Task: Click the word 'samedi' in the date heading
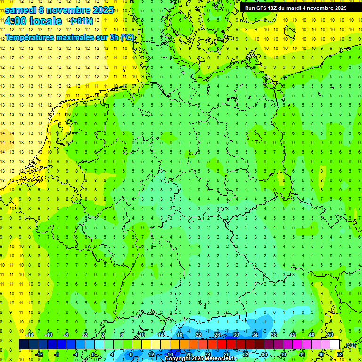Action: coord(20,10)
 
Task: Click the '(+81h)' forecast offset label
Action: coord(82,21)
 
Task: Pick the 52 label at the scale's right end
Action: coord(339,354)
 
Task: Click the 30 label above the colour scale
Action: coord(236,335)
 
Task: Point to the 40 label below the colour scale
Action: coord(283,354)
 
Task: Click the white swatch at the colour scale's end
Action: coord(335,345)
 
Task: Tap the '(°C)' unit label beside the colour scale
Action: coord(351,345)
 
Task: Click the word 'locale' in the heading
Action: coord(45,21)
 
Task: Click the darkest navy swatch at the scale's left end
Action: coord(24,345)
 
